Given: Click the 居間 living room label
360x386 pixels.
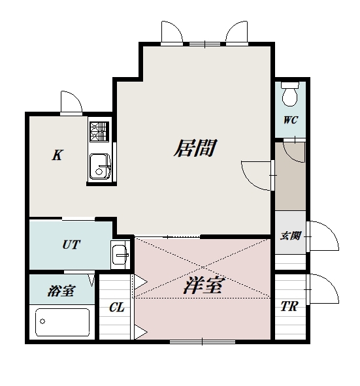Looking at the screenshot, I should (x=195, y=148).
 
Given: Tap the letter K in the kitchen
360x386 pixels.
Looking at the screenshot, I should (x=57, y=155).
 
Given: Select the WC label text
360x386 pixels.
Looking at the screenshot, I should (x=290, y=120).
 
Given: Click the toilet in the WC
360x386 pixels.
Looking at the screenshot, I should (x=290, y=95).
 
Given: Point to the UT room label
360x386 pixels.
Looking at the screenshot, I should (x=71, y=245).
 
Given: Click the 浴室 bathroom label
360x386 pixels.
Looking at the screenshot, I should (x=60, y=291).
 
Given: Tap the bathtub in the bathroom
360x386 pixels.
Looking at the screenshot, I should (x=63, y=322).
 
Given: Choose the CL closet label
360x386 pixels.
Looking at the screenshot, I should (x=117, y=307).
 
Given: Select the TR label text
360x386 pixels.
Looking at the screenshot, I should (x=289, y=306).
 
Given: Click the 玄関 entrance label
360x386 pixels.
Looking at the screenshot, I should (x=290, y=236).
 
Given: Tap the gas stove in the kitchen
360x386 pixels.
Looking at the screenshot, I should (x=99, y=132).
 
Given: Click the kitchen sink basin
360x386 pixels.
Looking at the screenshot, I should (x=99, y=165).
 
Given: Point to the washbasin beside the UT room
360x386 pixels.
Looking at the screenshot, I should (x=120, y=253).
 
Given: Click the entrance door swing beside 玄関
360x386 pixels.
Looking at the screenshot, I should (x=323, y=236).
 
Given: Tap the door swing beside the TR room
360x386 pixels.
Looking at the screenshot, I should (x=323, y=288).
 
